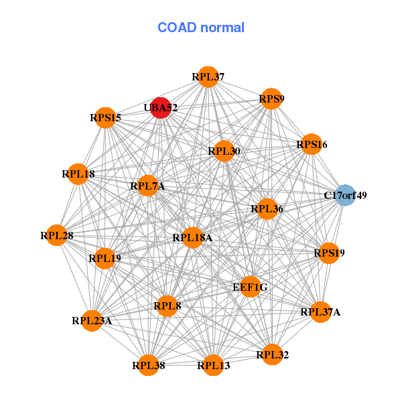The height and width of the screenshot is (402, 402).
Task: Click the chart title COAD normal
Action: coord(201,27)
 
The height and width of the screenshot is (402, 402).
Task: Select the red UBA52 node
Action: coord(160,107)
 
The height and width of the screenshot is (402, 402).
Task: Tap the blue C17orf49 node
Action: coord(344,196)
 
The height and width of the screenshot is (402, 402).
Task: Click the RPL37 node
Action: coord(208,77)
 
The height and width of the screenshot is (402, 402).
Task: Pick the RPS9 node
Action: coord(271,99)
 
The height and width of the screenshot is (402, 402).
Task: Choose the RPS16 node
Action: coord(311,144)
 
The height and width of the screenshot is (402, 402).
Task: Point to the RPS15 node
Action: coord(105,118)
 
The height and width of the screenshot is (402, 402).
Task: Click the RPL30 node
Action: coord(224,151)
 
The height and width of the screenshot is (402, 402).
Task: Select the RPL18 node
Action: coord(78,174)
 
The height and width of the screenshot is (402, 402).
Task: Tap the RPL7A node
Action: coord(147,186)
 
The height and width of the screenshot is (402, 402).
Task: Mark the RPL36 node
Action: coord(267,209)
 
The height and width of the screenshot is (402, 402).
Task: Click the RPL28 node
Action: coord(57,235)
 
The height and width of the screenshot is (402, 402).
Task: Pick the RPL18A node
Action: coord(192,237)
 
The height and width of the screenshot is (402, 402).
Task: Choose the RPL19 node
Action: coord(105,257)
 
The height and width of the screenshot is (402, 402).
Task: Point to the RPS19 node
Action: coord(329,253)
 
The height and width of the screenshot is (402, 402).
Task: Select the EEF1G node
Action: coord(250,287)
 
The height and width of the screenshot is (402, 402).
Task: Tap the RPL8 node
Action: coord(167,306)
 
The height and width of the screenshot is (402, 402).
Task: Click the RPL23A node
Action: coord(92,320)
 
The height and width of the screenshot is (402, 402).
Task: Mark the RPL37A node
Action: coord(320,312)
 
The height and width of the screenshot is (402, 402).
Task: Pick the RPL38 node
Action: coord(148,365)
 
